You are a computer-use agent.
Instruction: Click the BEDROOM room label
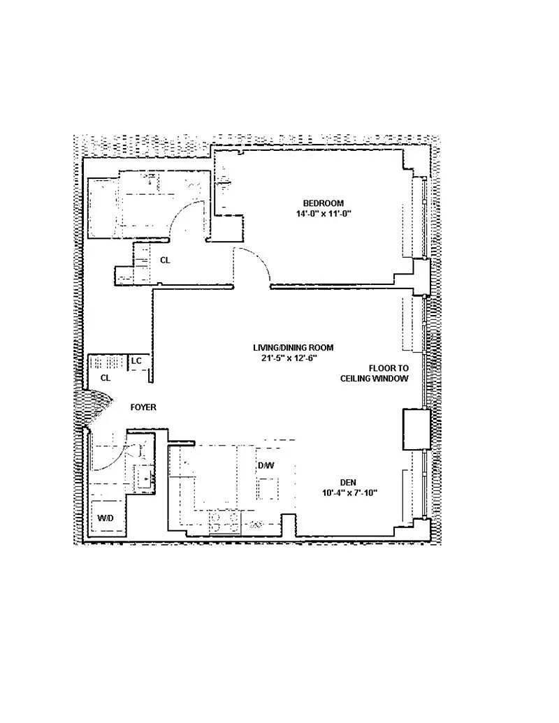pyautogui.click(x=323, y=203)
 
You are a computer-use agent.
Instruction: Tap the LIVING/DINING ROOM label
pyautogui.click(x=293, y=348)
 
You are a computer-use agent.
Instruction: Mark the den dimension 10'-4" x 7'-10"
pyautogui.click(x=350, y=493)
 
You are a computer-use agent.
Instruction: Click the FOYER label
pyautogui.click(x=143, y=408)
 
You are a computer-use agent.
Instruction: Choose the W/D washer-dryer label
pyautogui.click(x=106, y=518)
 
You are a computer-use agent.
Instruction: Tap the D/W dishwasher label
pyautogui.click(x=266, y=466)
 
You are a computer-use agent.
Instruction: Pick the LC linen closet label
pyautogui.click(x=136, y=361)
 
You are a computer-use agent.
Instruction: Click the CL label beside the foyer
pyautogui.click(x=106, y=378)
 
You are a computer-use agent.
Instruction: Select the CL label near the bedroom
pyautogui.click(x=165, y=261)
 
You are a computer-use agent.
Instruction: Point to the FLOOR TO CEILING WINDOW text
pyautogui.click(x=375, y=374)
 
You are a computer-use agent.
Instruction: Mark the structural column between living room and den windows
pyautogui.click(x=417, y=430)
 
